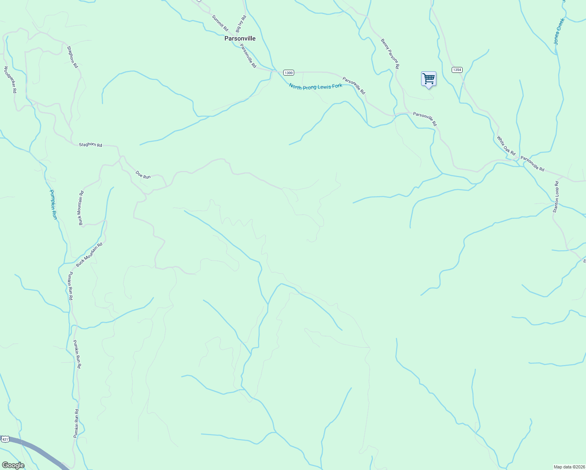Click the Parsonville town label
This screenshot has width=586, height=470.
[x=240, y=38]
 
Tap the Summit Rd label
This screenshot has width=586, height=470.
[x=220, y=23]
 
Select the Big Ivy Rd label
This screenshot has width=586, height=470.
[x=241, y=23]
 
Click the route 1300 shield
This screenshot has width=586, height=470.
[x=288, y=73]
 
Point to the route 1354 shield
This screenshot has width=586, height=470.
[x=457, y=70]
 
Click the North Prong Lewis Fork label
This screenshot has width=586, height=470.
[x=315, y=86]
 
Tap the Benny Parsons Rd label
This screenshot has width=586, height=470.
[x=390, y=54]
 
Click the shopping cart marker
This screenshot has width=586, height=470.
[x=429, y=79]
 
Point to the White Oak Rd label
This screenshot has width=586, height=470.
[x=506, y=145]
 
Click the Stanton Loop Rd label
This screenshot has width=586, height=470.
[x=556, y=197]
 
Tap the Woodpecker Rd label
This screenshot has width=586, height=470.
[x=10, y=80]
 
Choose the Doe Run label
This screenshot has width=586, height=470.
[x=143, y=175]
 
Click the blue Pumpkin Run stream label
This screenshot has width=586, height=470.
[x=54, y=204]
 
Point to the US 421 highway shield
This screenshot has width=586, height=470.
[x=5, y=439]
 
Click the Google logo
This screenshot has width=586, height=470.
[x=13, y=465]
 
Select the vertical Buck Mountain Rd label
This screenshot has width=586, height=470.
[x=81, y=208]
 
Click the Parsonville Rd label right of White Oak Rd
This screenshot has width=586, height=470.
[x=532, y=164]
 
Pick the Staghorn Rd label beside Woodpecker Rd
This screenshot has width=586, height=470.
[x=72, y=57]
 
